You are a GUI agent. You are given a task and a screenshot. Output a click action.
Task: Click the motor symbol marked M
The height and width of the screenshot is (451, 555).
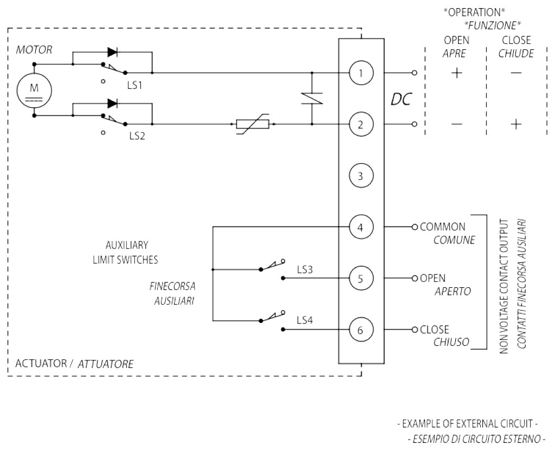(x=34, y=89)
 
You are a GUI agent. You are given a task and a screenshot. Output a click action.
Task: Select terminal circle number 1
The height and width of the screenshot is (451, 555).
(x=362, y=73)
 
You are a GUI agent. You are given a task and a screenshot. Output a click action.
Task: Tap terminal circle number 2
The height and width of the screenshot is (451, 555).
(x=362, y=124)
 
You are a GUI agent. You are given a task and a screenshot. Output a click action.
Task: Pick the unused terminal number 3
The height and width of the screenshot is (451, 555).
(x=362, y=176)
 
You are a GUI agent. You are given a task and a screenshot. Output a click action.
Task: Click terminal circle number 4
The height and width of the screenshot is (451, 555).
(x=362, y=227)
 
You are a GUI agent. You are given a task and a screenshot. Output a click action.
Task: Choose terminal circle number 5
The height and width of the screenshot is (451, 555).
(x=362, y=278)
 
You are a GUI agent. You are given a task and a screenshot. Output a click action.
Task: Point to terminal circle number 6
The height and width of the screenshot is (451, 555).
(x=362, y=329)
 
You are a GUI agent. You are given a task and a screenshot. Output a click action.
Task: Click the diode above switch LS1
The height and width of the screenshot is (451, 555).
(x=113, y=53)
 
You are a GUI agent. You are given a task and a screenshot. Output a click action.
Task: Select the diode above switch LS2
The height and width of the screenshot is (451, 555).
(x=113, y=103)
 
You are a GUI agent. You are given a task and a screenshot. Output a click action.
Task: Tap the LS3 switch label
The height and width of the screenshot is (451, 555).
(x=305, y=269)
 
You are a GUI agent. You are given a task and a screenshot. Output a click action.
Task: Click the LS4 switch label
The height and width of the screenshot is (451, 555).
(x=305, y=320)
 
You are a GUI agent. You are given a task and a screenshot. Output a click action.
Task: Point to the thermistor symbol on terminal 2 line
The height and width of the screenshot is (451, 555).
(x=253, y=124)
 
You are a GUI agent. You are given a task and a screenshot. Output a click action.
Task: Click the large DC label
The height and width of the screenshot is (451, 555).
(x=401, y=99)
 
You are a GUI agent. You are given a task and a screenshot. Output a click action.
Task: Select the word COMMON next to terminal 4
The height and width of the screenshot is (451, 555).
(x=442, y=227)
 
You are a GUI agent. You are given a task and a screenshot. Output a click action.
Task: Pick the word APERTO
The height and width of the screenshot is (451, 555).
(x=453, y=292)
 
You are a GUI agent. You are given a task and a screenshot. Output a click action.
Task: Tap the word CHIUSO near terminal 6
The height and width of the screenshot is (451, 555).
(x=451, y=342)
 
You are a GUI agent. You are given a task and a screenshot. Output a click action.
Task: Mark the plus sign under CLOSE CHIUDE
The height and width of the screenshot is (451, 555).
(x=515, y=124)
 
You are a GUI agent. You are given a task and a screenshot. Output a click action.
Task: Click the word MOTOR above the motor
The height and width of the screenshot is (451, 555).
(x=34, y=50)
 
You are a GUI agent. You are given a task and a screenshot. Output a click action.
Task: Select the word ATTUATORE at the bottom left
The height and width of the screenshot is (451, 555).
(x=106, y=364)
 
